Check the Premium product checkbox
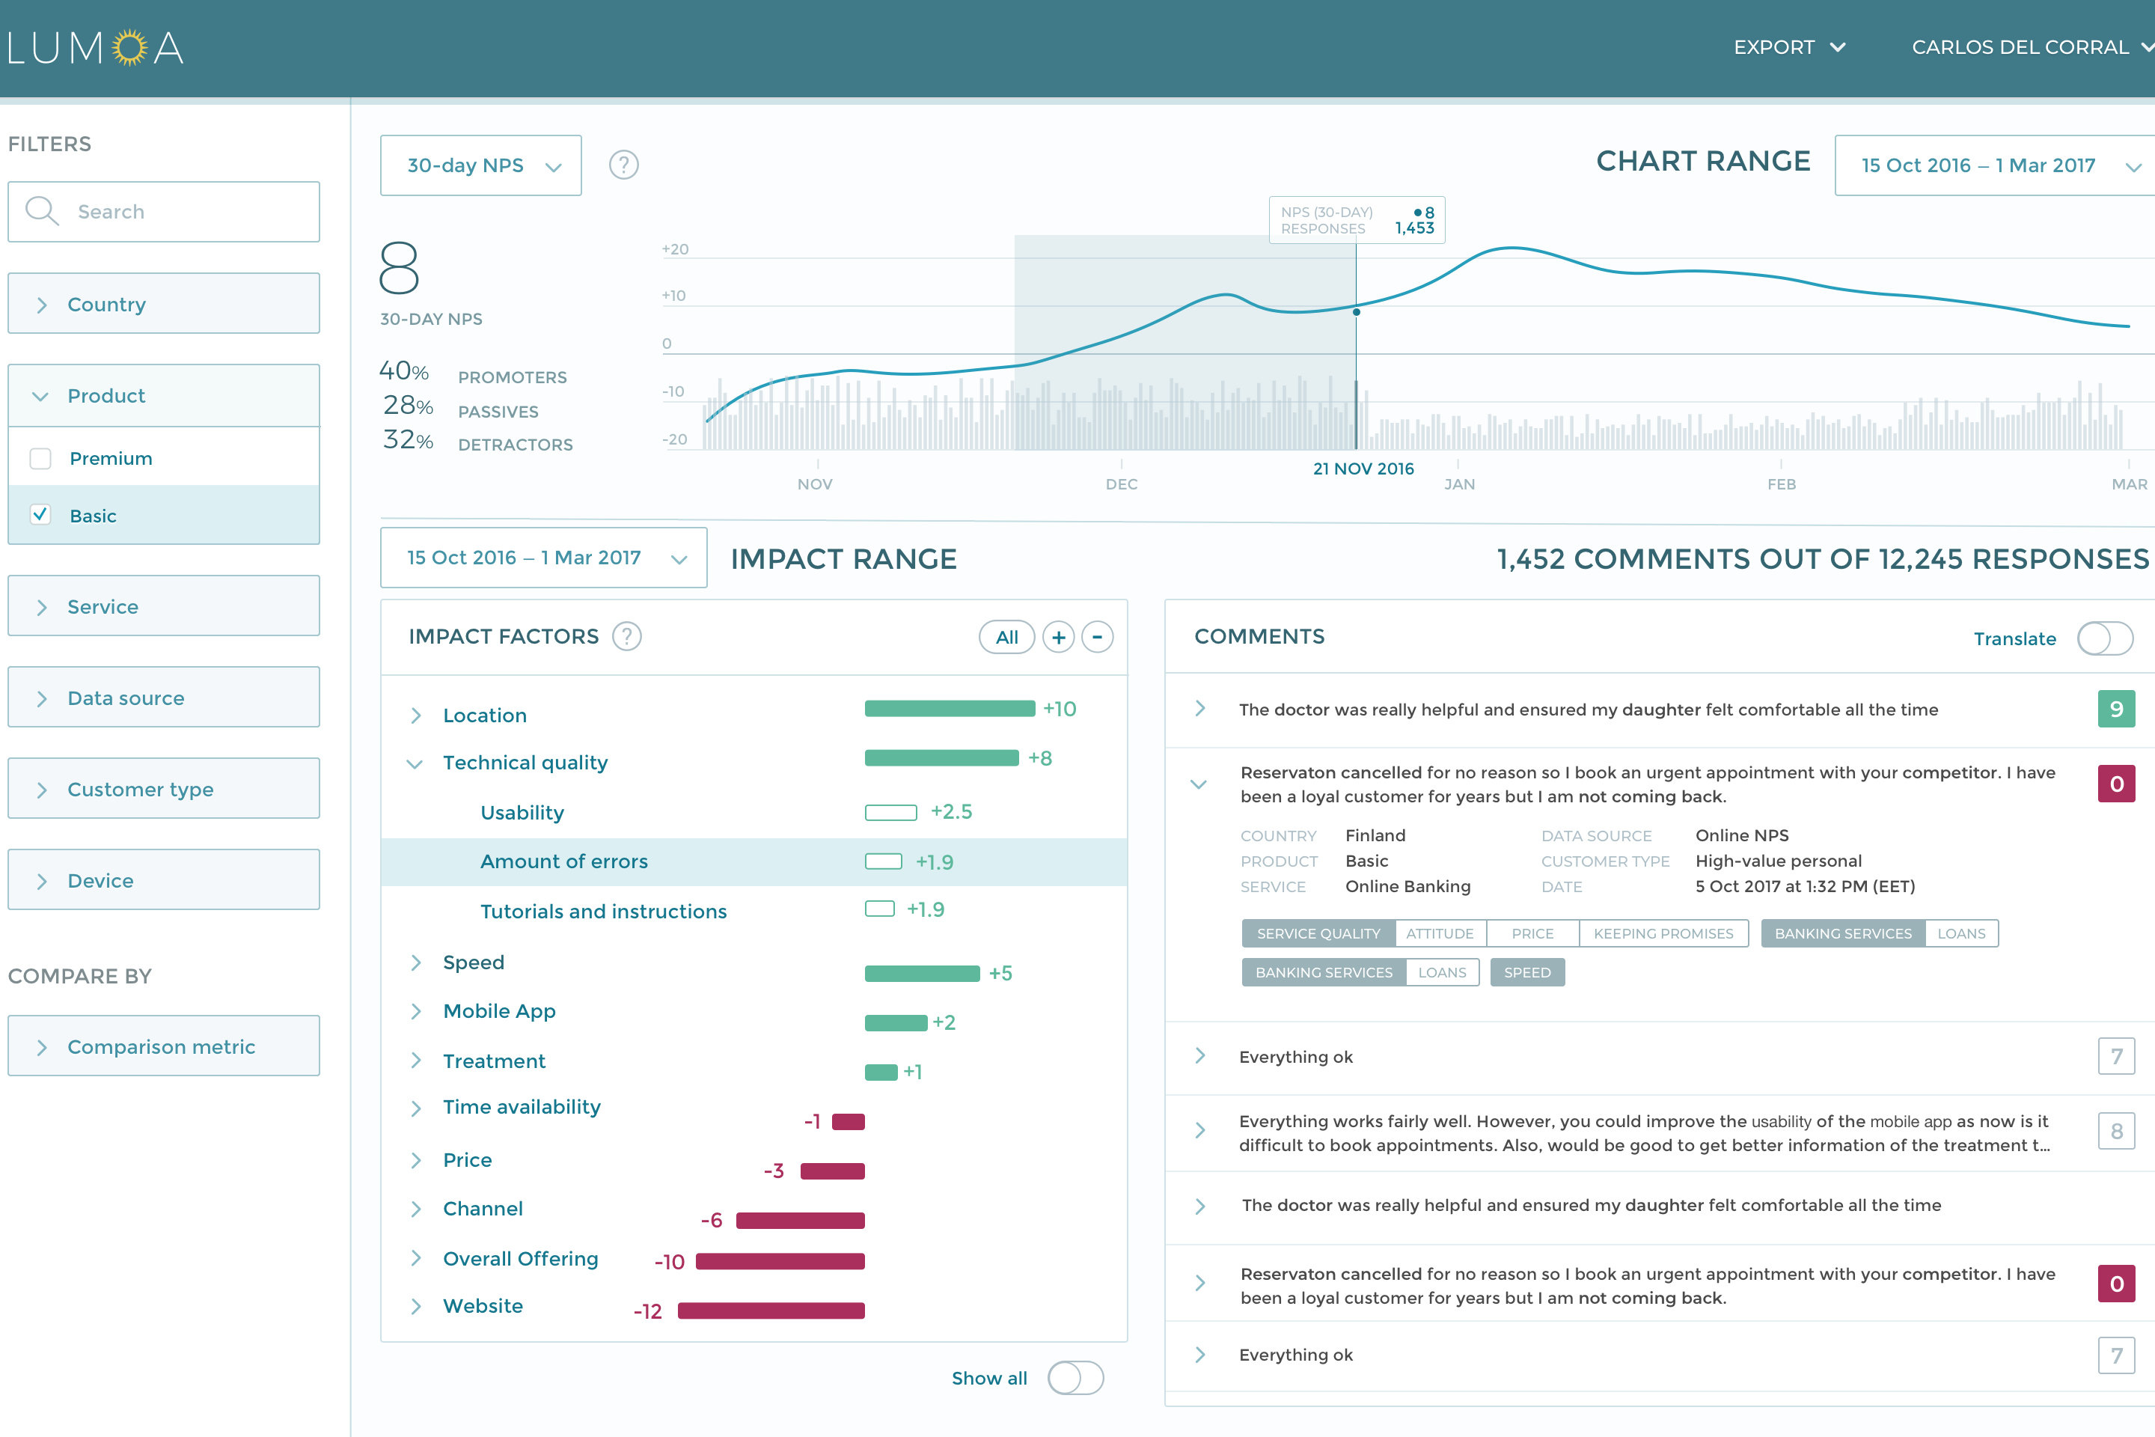[x=40, y=458]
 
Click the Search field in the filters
[x=165, y=212]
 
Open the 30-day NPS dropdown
[x=481, y=166]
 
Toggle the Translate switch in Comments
[x=2105, y=638]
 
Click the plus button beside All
[x=1058, y=637]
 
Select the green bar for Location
[x=950, y=710]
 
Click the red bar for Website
[x=771, y=1311]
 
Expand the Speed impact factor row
[x=416, y=962]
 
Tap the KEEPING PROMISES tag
[x=1663, y=933]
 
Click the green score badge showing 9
[x=2115, y=710]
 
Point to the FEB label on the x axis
[x=1781, y=484]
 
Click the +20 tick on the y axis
[x=675, y=249]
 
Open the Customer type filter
[x=164, y=789]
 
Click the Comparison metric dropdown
[x=164, y=1046]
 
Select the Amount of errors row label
[x=563, y=861]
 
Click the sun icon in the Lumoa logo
[x=130, y=48]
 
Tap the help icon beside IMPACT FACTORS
[x=627, y=637]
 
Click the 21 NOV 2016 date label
[x=1363, y=469]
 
